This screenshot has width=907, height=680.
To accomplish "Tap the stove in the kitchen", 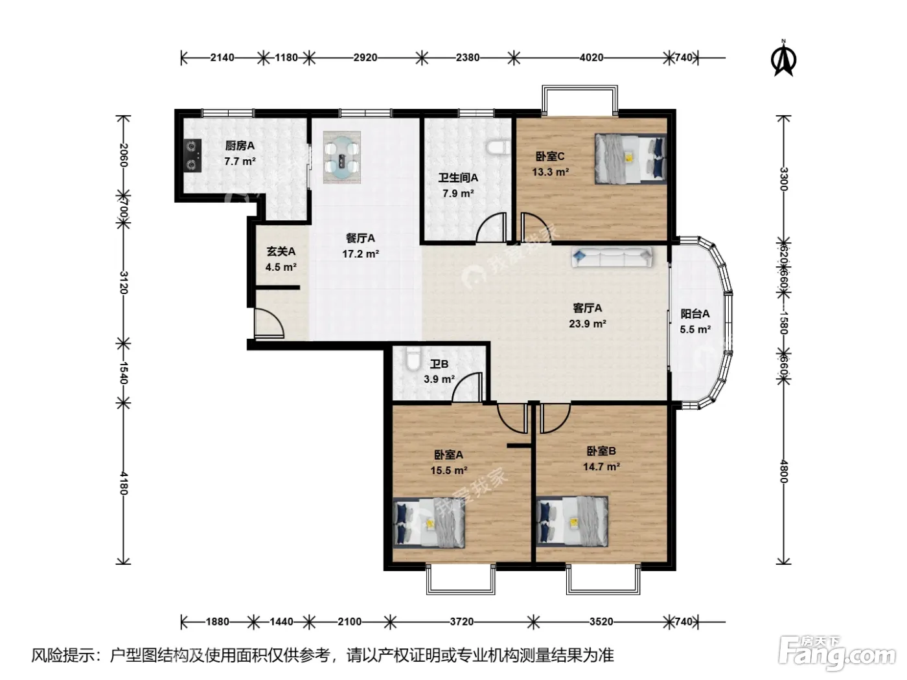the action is point(192,155).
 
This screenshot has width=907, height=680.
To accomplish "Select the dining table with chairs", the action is point(341,157).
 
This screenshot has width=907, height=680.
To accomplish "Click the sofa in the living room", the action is point(612,257).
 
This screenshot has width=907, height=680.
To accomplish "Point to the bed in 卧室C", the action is point(630,159).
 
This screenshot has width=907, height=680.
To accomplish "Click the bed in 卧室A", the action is point(428,523).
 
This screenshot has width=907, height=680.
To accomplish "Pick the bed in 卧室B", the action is point(572,521).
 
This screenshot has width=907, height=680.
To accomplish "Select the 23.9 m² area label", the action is point(587,324).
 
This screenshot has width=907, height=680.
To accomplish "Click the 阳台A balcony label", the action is point(695,314).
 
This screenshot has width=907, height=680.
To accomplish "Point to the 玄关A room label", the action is point(281,251).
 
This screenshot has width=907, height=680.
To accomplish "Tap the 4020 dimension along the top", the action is point(591,58).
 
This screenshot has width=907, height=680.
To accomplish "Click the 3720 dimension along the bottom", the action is point(461,621).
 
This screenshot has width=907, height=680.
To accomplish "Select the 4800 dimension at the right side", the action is point(784,471).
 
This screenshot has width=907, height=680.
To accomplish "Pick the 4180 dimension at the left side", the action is point(123,483).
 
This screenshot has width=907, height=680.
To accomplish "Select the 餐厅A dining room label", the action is point(360,238).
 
